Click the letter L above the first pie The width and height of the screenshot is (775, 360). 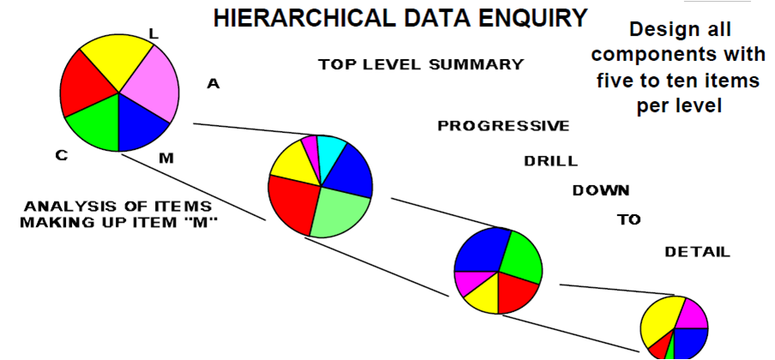[x=153, y=33]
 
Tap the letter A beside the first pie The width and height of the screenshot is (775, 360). [x=213, y=85]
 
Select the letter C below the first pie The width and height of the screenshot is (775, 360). [x=61, y=156]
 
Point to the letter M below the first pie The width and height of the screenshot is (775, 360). [x=166, y=159]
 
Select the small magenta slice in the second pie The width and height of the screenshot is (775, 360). [x=310, y=148]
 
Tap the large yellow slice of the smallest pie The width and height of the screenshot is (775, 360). [x=660, y=321]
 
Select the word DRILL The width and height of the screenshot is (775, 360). [x=550, y=161]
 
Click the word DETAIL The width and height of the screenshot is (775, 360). [x=697, y=252]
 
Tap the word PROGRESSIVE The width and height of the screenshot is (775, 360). [x=503, y=126]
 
